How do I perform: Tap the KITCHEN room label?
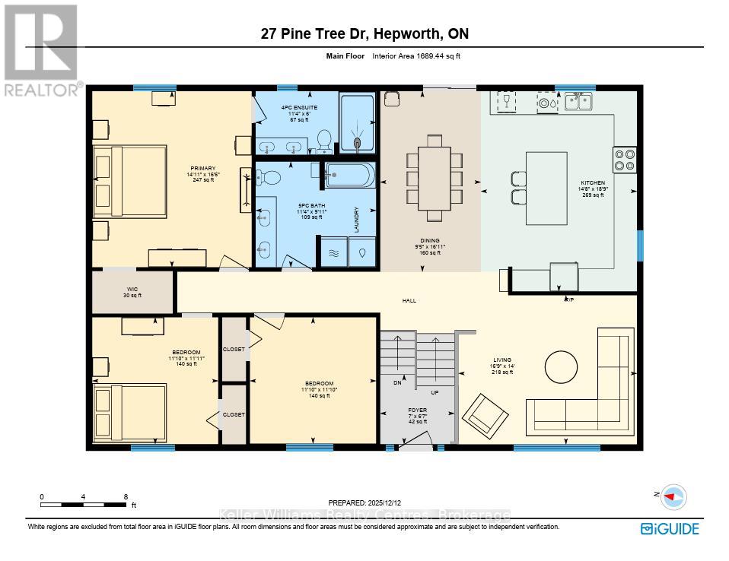tap(592, 183)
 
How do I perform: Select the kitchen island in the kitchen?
tap(546, 188)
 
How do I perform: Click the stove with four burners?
tap(625, 160)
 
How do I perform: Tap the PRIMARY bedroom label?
tap(203, 169)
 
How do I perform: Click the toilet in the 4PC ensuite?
tap(323, 141)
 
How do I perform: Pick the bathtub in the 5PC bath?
tap(350, 176)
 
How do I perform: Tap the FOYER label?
tap(416, 410)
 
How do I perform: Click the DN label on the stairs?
tap(396, 382)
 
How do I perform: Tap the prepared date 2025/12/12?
tap(364, 503)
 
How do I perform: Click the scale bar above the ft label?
tap(84, 504)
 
